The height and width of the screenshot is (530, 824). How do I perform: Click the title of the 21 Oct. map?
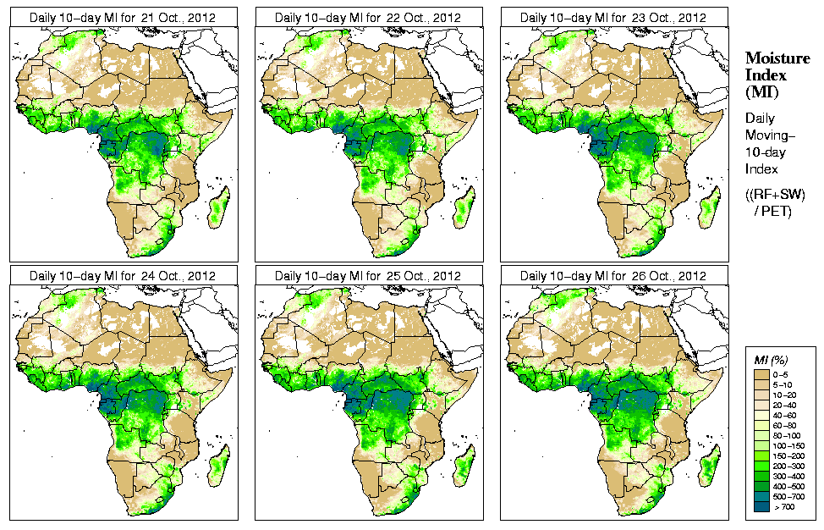(x=123, y=18)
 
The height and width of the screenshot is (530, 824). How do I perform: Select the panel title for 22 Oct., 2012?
(x=368, y=18)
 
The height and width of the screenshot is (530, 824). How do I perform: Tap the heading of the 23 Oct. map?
(x=613, y=18)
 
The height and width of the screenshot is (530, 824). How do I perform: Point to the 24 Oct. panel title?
(x=123, y=276)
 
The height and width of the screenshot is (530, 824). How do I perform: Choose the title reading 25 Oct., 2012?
(x=368, y=276)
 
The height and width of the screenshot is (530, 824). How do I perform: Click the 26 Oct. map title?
(x=613, y=276)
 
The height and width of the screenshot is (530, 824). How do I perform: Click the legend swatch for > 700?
(x=761, y=506)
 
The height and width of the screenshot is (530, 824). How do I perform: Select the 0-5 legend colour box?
(x=761, y=373)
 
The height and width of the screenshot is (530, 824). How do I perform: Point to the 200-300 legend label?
(x=786, y=466)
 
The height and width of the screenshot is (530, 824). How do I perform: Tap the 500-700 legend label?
(x=786, y=496)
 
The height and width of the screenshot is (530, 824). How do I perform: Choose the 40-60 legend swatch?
(x=761, y=414)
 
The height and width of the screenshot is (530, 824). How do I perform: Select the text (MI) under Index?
(x=761, y=91)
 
